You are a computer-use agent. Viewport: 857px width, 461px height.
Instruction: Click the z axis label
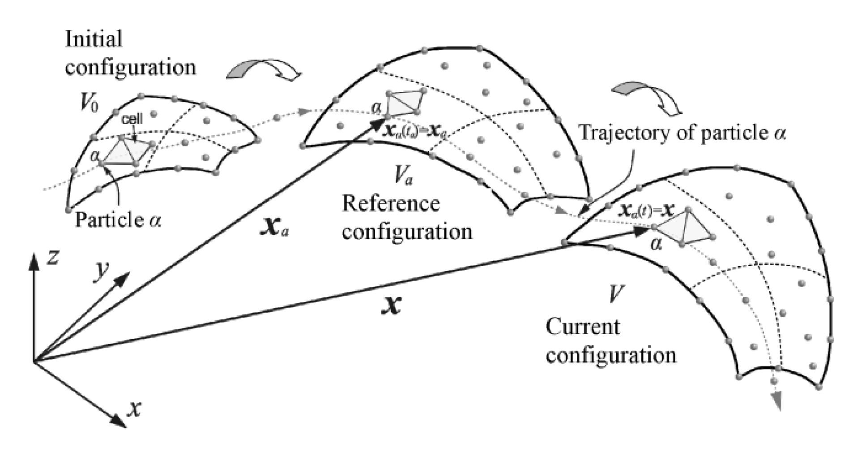52,259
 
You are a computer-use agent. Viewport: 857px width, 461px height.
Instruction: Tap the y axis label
102,272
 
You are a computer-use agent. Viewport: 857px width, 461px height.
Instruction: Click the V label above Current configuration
613,294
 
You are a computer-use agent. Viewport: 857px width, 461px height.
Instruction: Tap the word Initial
94,39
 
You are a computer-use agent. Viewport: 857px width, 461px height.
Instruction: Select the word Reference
391,204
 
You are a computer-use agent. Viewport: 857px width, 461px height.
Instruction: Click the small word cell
133,119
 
